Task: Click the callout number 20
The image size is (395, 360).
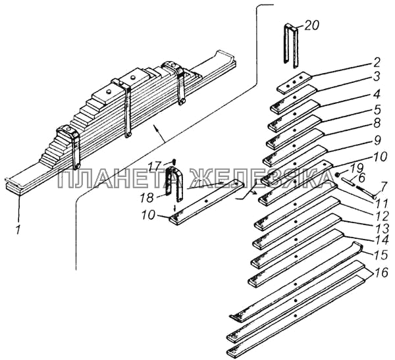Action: click(x=311, y=26)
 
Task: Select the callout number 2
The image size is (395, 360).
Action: click(x=377, y=63)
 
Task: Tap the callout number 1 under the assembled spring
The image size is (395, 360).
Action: click(x=18, y=230)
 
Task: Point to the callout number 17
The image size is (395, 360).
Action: click(x=155, y=167)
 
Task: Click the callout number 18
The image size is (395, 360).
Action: click(x=147, y=198)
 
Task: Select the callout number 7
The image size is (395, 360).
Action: click(x=382, y=187)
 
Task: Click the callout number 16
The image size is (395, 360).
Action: click(x=381, y=272)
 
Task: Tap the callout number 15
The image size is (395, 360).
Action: click(x=381, y=255)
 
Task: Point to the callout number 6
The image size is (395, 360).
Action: click(x=361, y=178)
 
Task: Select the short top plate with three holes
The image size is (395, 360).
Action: click(x=294, y=83)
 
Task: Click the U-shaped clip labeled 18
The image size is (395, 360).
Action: click(x=175, y=184)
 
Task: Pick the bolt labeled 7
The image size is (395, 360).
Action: click(x=365, y=192)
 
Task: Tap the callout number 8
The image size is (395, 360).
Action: click(x=377, y=124)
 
